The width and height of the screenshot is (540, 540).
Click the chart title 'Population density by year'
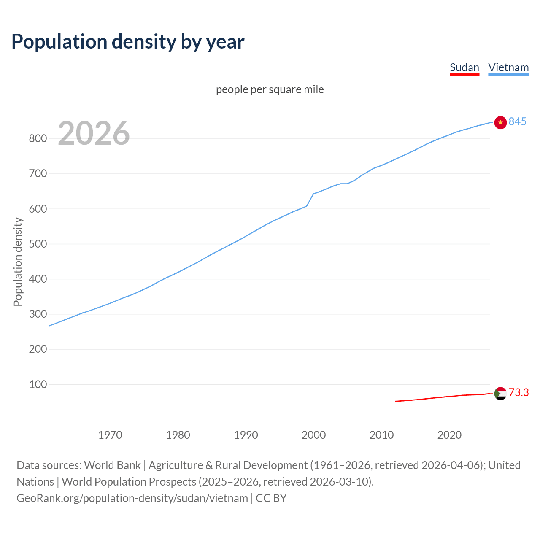tap(128, 42)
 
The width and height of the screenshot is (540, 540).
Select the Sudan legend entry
tap(464, 67)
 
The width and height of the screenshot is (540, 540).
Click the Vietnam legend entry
tap(508, 67)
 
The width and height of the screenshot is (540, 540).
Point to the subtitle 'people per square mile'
tap(270, 89)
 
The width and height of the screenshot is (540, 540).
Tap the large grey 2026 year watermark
tap(94, 133)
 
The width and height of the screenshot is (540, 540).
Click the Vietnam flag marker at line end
tap(500, 122)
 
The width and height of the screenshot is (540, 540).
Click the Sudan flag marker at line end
tap(500, 393)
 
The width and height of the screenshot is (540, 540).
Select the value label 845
tap(518, 121)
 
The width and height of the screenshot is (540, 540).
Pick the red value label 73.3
tap(519, 392)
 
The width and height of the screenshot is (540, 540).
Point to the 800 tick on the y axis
tap(38, 138)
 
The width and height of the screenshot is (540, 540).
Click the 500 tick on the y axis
tap(38, 244)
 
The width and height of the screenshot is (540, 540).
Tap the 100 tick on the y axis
tap(38, 384)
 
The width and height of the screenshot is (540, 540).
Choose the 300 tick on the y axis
tap(38, 314)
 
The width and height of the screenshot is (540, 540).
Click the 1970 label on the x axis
tap(110, 435)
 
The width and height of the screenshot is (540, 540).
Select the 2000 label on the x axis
tap(313, 435)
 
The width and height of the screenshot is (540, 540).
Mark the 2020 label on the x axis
tap(449, 435)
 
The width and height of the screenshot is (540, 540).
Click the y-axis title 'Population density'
tap(18, 262)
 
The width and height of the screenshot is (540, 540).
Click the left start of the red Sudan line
tap(396, 401)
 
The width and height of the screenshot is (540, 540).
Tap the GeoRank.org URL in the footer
tap(132, 498)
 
